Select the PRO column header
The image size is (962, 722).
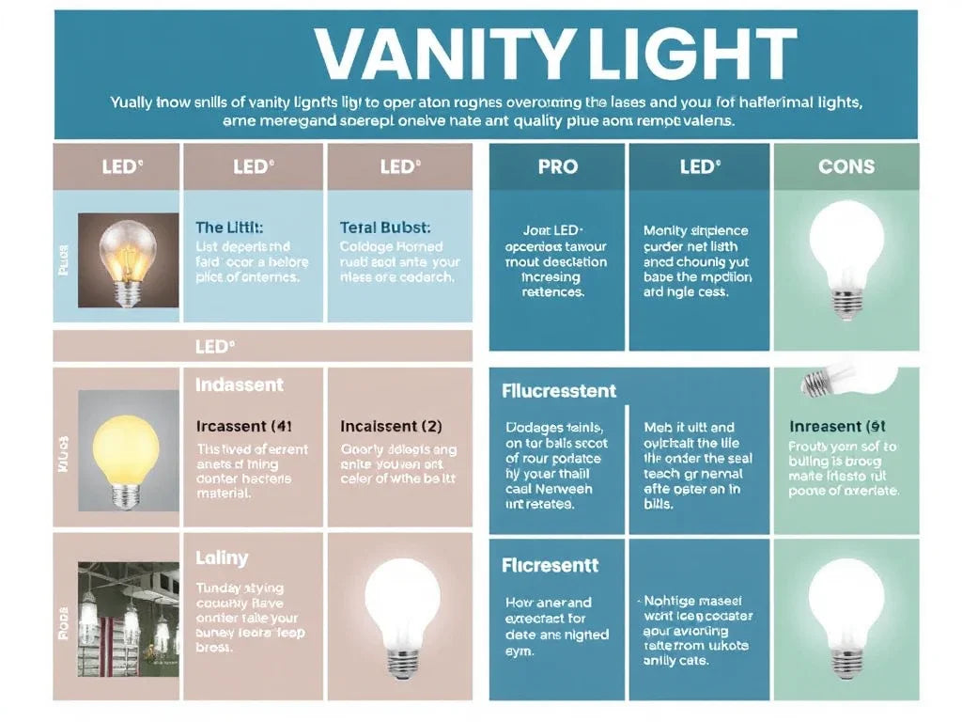[x=558, y=167]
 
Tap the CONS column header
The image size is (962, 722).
[x=846, y=167]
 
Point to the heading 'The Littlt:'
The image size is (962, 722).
[x=229, y=228]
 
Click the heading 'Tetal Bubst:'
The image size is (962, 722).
[x=385, y=228]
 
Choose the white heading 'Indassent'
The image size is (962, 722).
[x=239, y=385]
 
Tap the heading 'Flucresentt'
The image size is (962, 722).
[x=551, y=566]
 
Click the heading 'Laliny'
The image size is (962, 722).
[x=222, y=557]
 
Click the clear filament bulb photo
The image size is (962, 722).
[x=129, y=259]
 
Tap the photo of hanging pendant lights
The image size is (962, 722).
[x=129, y=609]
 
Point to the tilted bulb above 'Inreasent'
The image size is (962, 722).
[x=844, y=379]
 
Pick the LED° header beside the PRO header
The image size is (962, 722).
[x=700, y=167]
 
